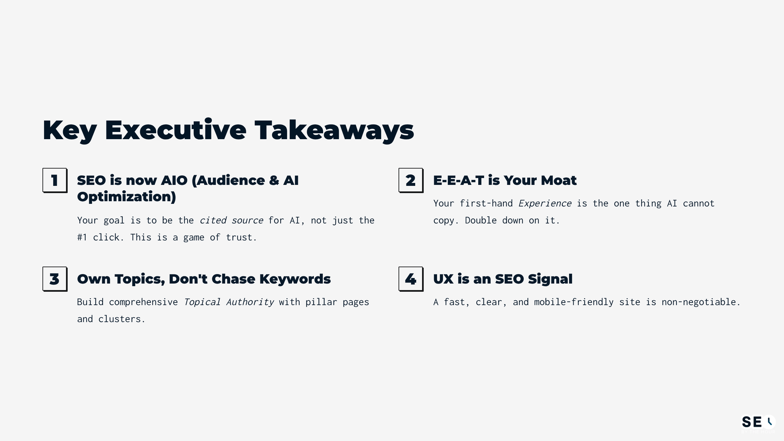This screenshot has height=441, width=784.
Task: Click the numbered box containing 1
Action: pos(55,180)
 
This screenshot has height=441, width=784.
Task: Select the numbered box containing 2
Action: pos(411,180)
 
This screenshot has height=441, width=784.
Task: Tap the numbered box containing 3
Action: pos(55,279)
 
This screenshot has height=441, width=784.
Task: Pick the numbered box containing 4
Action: pos(411,279)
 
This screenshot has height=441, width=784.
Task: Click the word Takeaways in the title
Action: pos(334,130)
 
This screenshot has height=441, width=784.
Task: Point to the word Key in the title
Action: pos(70,130)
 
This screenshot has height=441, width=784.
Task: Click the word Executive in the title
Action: pos(175,130)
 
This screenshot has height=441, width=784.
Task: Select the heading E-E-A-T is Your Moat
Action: pos(504,180)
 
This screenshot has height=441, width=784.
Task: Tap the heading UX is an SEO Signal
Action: pos(502,279)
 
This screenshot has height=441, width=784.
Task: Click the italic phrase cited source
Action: pos(231,220)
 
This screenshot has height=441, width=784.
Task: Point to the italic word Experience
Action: pos(545,204)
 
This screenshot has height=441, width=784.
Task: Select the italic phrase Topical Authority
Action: pos(229,302)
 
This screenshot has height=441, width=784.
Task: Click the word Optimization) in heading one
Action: pos(126,197)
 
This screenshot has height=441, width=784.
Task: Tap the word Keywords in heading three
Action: pos(295,279)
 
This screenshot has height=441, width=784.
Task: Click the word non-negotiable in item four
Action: pos(700,302)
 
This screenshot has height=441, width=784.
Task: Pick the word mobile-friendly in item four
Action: pos(574,302)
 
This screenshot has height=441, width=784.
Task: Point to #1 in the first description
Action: pos(82,237)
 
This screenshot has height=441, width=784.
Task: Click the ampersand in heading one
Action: pos(274,180)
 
